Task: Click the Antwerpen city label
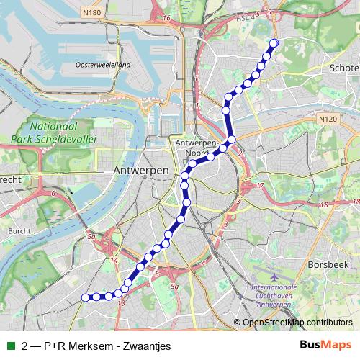[x=141, y=170]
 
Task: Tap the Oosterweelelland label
[x=102, y=65]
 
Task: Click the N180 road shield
[x=91, y=12]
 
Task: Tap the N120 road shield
[x=327, y=119]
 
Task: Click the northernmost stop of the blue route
[x=274, y=43]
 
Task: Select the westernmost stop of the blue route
[x=85, y=297]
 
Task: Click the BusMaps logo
[x=325, y=345]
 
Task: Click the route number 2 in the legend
[x=26, y=346]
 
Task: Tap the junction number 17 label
[x=260, y=186]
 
